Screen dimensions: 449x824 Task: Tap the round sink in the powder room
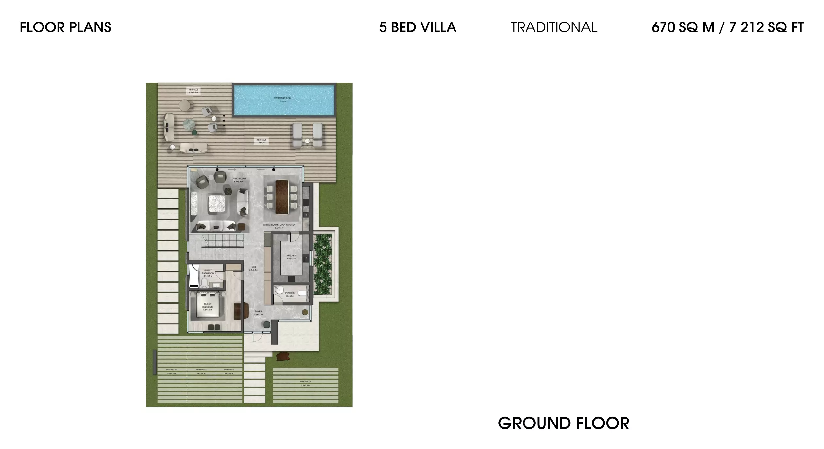(x=279, y=290)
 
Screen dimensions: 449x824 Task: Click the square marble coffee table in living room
(x=215, y=204)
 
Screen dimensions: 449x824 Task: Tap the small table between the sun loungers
(x=307, y=141)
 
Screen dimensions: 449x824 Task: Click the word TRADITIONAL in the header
(x=554, y=27)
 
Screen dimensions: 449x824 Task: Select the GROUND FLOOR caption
(x=563, y=424)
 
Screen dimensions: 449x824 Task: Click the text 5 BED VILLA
(x=417, y=27)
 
